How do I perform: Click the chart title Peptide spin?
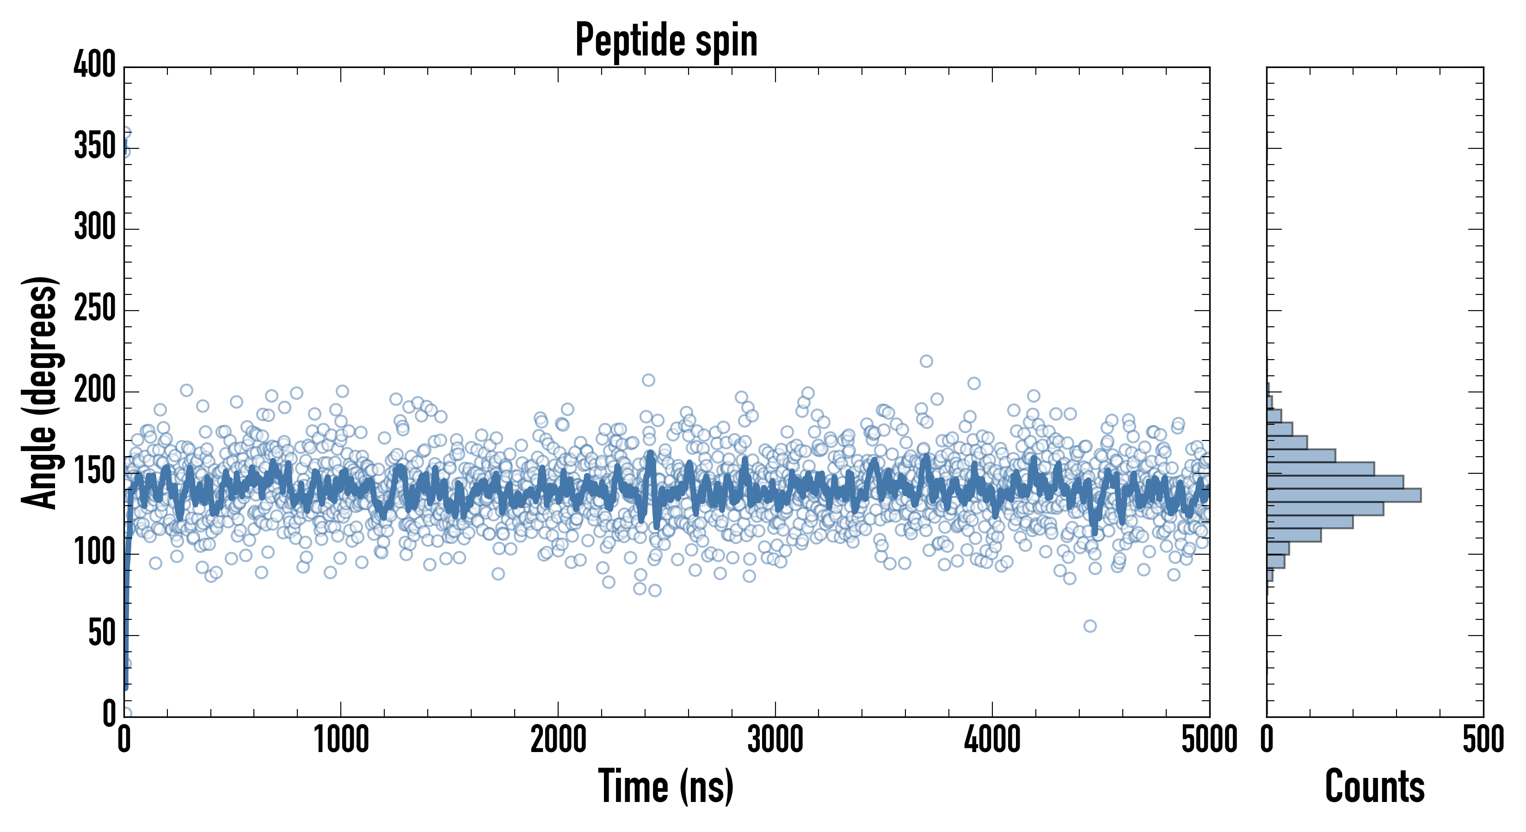tap(666, 40)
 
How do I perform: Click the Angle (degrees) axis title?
tap(40, 392)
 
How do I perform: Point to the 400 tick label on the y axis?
tap(95, 65)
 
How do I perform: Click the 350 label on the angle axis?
tap(95, 147)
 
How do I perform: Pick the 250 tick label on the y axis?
tap(95, 310)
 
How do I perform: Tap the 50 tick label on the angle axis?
tap(102, 635)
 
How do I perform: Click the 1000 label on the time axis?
tap(341, 740)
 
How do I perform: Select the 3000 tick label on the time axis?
tap(775, 740)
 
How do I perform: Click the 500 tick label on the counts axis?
tap(1483, 740)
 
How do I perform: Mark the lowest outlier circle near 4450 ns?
tap(1090, 626)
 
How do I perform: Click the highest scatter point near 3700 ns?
tap(927, 361)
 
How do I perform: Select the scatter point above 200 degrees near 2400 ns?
tap(649, 380)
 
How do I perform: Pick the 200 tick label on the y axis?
tap(95, 391)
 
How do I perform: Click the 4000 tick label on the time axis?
tap(992, 740)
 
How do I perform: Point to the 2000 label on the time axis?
tap(558, 740)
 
